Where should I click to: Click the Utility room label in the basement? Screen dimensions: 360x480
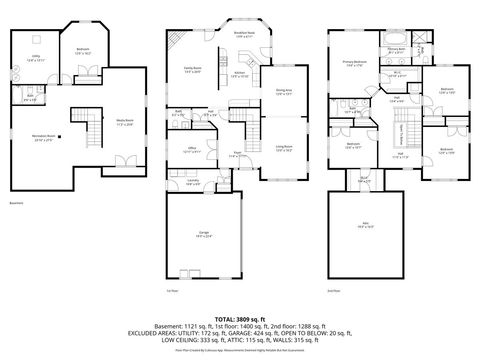pyautogui.click(x=36, y=59)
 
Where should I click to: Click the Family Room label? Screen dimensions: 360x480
pyautogui.click(x=193, y=70)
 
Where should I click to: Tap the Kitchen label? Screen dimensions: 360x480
pyautogui.click(x=240, y=75)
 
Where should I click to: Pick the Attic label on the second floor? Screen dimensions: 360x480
pyautogui.click(x=366, y=226)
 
